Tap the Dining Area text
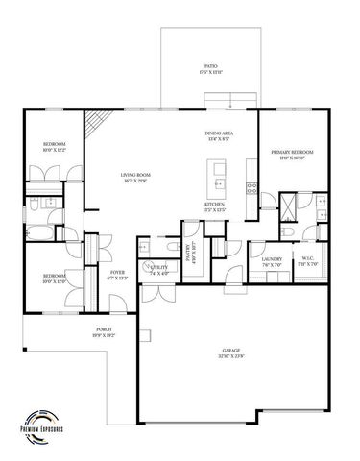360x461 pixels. pos(219,134)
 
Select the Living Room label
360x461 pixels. pos(135,177)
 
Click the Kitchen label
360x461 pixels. pos(214,207)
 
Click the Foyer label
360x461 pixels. pos(117,275)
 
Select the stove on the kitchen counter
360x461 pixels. pos(252,184)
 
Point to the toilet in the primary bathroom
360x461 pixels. pos(289,232)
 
